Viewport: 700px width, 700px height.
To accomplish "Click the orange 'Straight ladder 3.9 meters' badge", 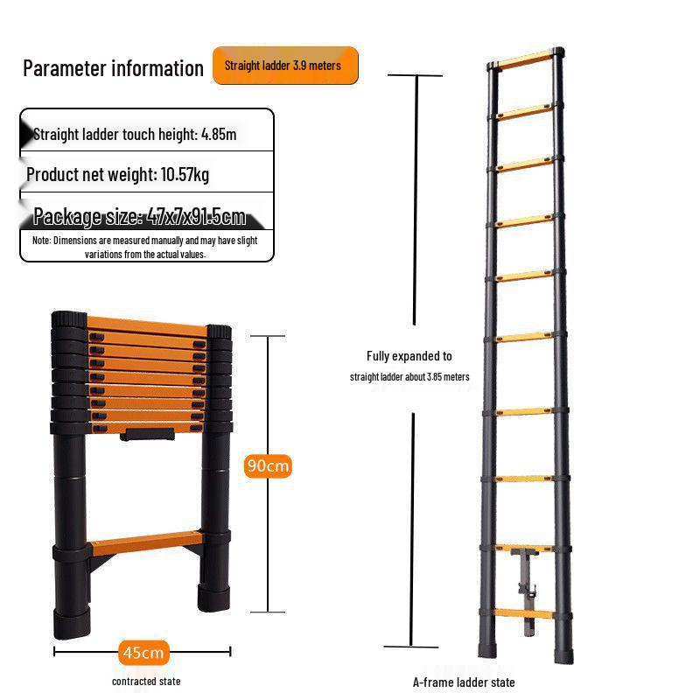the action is tap(285, 65).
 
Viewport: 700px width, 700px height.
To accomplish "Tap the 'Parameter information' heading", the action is tap(114, 68).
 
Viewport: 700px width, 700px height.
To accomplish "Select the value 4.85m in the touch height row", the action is tap(219, 135).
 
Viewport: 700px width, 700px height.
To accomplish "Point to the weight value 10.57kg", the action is tap(185, 174).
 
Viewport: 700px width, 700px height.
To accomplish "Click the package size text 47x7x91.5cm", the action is tap(196, 216).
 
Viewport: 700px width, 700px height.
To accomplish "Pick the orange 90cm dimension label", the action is tap(268, 465).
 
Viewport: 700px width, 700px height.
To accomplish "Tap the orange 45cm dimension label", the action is tap(143, 652).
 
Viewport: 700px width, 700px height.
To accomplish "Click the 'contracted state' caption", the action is tap(146, 682).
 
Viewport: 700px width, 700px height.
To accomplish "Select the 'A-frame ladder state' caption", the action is tap(464, 682).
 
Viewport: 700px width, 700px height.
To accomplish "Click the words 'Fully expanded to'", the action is tap(409, 356).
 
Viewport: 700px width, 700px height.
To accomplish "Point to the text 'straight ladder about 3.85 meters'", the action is tap(409, 377).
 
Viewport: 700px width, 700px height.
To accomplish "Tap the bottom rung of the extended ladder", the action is tap(523, 613).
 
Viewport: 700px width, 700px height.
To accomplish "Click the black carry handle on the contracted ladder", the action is tap(147, 434).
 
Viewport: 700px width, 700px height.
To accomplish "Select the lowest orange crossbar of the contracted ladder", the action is tap(146, 542).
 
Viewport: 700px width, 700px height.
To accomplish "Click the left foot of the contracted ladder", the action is tap(72, 623).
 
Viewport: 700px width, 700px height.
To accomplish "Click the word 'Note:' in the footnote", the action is tap(41, 241).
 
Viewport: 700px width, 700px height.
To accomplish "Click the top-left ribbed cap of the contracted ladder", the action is tap(69, 319).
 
